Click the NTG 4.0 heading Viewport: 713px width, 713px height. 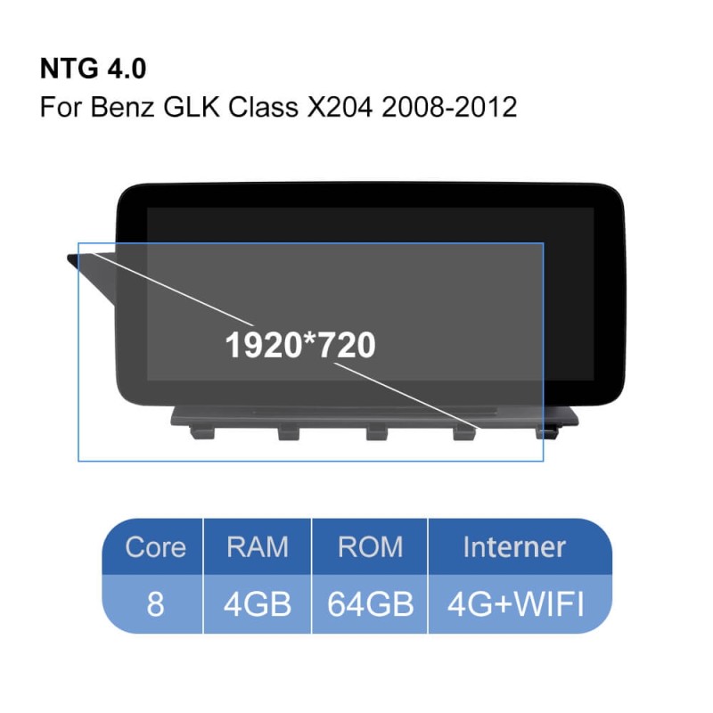point(94,69)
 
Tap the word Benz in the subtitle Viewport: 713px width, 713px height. point(122,107)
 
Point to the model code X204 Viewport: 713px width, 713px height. point(340,107)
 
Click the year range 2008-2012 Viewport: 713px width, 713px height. point(449,107)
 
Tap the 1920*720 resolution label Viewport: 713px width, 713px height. point(300,345)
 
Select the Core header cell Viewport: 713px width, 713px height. point(155,546)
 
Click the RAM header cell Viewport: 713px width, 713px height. point(258,546)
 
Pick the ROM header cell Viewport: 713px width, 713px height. point(370,546)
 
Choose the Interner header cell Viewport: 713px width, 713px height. point(515,546)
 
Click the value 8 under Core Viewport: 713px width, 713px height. point(155,604)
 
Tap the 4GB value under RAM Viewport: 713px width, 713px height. point(258,604)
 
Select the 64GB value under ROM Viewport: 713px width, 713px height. point(370,604)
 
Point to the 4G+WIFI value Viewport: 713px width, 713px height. point(516,604)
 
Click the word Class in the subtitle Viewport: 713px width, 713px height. point(263,107)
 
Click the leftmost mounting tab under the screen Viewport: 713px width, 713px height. point(201,431)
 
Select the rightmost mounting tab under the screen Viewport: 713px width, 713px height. point(546,431)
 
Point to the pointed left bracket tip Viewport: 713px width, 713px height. point(69,258)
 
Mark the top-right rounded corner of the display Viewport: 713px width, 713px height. point(616,193)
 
